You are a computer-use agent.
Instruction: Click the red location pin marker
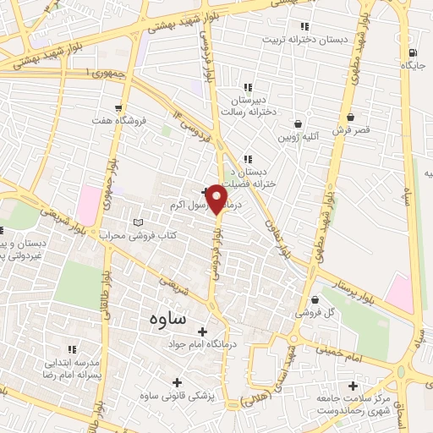pos(217,198)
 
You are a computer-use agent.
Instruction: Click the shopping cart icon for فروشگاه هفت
pos(118,107)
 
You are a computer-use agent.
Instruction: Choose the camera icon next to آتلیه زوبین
pos(298,121)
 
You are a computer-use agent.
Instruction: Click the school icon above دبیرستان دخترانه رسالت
pos(248,87)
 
